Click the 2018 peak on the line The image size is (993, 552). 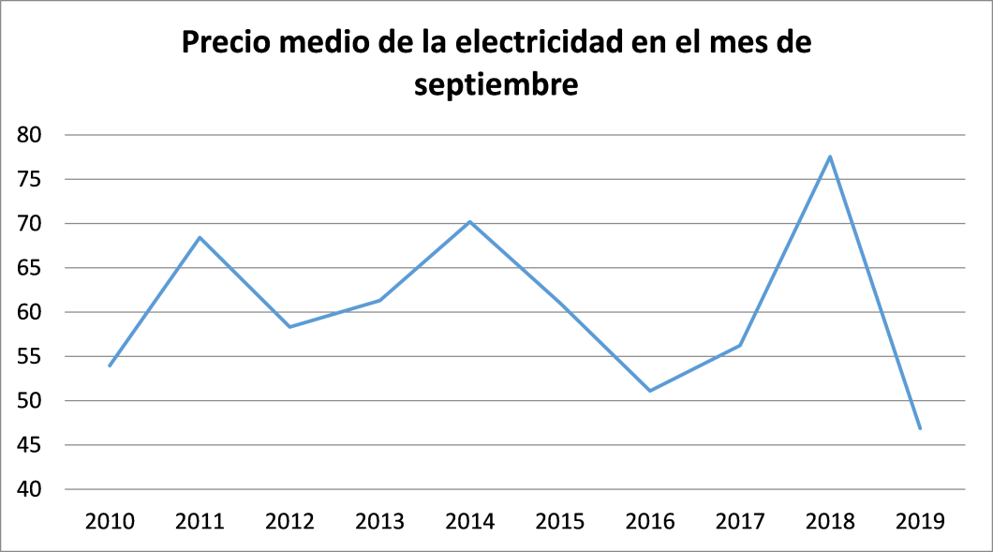point(830,157)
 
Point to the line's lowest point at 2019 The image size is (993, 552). point(920,428)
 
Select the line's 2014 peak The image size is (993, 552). point(469,221)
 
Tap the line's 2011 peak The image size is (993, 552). point(200,237)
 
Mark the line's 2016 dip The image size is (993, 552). point(650,391)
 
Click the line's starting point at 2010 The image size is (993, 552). point(110,366)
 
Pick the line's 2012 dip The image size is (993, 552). point(289,327)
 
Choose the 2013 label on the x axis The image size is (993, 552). point(379,521)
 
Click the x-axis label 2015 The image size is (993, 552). point(559,521)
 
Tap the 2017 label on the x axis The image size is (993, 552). point(740,521)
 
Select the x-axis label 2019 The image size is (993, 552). point(920,521)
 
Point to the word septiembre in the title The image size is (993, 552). point(496,86)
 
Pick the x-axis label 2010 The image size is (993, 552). point(110,521)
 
